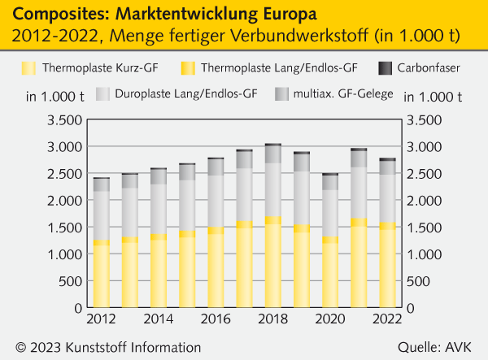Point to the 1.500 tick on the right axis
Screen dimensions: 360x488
[423, 228]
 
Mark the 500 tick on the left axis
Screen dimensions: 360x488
[72, 282]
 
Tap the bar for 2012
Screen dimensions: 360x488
[101, 243]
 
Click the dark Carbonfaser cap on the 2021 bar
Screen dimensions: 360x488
[359, 150]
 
